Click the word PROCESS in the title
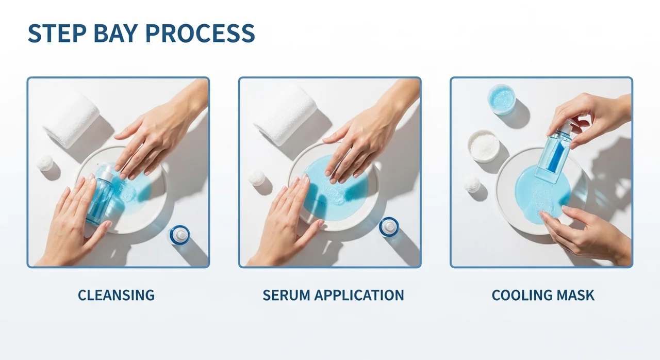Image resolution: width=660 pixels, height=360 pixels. (x=200, y=34)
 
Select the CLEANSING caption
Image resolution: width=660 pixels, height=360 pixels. (x=116, y=295)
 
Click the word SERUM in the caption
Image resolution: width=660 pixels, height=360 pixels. (x=286, y=295)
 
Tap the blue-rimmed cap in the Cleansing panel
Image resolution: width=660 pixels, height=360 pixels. (x=180, y=235)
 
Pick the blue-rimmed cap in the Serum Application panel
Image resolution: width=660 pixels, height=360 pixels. (x=389, y=227)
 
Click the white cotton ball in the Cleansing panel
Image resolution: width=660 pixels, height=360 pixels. (x=45, y=162)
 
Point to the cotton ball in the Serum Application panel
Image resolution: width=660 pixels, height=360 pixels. (x=257, y=177)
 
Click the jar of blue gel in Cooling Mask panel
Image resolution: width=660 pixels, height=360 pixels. (x=501, y=99)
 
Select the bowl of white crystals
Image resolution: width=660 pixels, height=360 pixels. (x=484, y=146)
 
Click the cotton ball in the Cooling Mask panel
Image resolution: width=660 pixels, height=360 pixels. (x=473, y=184)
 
